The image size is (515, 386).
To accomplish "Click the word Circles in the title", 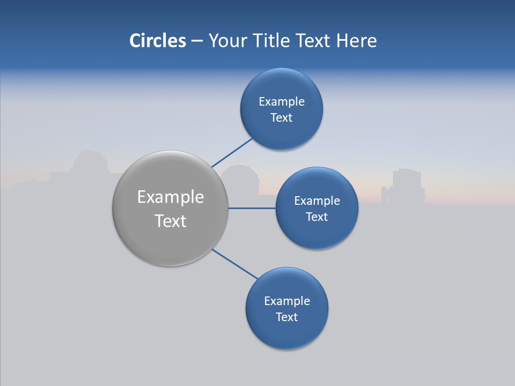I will tap(157, 41).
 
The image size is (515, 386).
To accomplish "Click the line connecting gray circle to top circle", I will tap(232, 152).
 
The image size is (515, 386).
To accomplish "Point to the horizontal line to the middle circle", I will tap(252, 208).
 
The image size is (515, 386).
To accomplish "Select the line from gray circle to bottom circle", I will tap(235, 264).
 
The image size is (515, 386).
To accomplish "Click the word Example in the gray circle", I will tap(171, 197).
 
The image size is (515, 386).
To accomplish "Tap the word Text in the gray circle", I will tap(171, 221).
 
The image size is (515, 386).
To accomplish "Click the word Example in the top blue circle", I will tap(282, 102).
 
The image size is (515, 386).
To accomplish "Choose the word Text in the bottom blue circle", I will tap(287, 317).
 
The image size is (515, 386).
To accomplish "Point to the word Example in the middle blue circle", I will tap(317, 201).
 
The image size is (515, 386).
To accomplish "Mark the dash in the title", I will tap(196, 41).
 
